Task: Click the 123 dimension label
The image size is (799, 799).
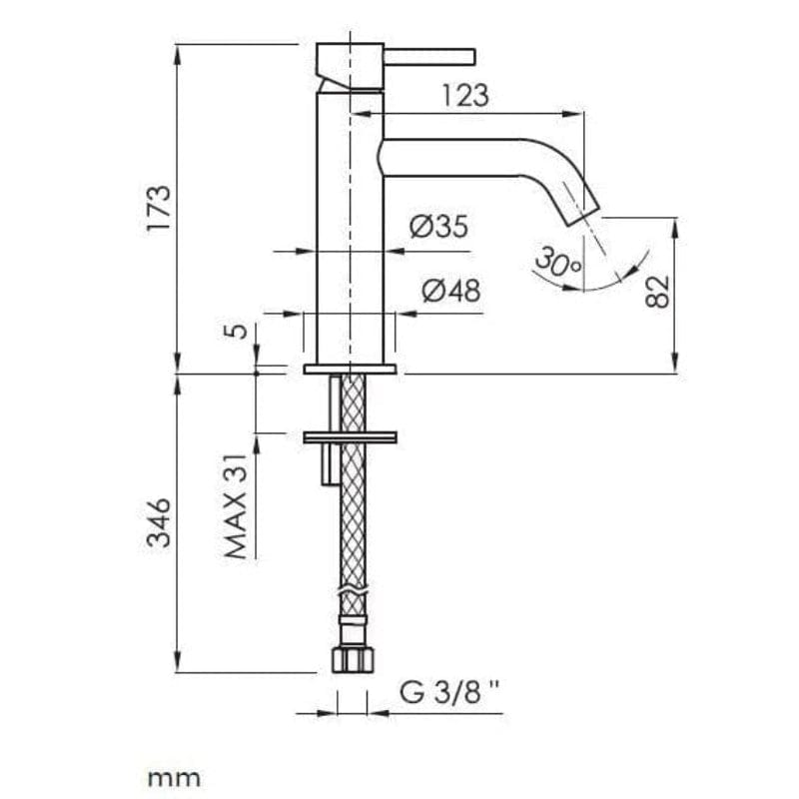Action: click(465, 95)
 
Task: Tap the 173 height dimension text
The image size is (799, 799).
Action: click(158, 209)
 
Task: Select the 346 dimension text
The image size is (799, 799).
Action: click(158, 522)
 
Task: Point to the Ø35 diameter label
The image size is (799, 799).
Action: click(438, 227)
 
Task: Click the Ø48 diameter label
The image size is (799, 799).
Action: click(451, 291)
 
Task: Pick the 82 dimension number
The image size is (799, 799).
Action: click(657, 292)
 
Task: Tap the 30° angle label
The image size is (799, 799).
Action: click(558, 262)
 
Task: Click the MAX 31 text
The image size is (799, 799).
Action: click(236, 506)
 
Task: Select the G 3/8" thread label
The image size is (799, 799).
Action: click(449, 692)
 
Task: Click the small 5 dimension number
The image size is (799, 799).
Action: click(236, 331)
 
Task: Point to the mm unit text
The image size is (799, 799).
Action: click(174, 778)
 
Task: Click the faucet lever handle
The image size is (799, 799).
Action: click(429, 57)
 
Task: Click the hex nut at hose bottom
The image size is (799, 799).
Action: click(353, 660)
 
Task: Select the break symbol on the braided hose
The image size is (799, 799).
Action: click(353, 591)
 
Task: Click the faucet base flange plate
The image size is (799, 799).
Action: click(350, 369)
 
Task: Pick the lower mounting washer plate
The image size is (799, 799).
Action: click(350, 437)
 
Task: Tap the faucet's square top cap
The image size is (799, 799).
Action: click(350, 65)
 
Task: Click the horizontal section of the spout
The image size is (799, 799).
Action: click(451, 158)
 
